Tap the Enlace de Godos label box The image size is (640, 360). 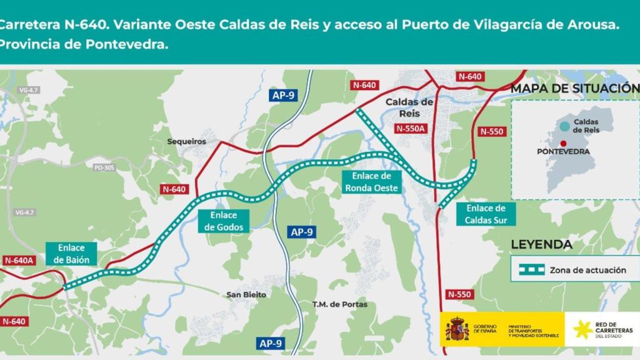(223, 221)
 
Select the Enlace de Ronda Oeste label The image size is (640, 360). (371, 182)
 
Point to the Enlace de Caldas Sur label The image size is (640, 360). (486, 214)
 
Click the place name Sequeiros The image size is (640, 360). (186, 142)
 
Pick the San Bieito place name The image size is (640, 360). (246, 294)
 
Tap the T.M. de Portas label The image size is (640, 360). (340, 304)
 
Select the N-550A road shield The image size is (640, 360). (410, 129)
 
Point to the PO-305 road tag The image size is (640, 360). (104, 167)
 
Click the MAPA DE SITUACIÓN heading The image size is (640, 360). (574, 88)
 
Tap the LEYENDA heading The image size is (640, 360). (541, 244)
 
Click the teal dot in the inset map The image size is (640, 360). (564, 126)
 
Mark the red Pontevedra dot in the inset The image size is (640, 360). (564, 143)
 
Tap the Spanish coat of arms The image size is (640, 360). (457, 328)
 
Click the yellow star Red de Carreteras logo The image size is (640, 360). (583, 328)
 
